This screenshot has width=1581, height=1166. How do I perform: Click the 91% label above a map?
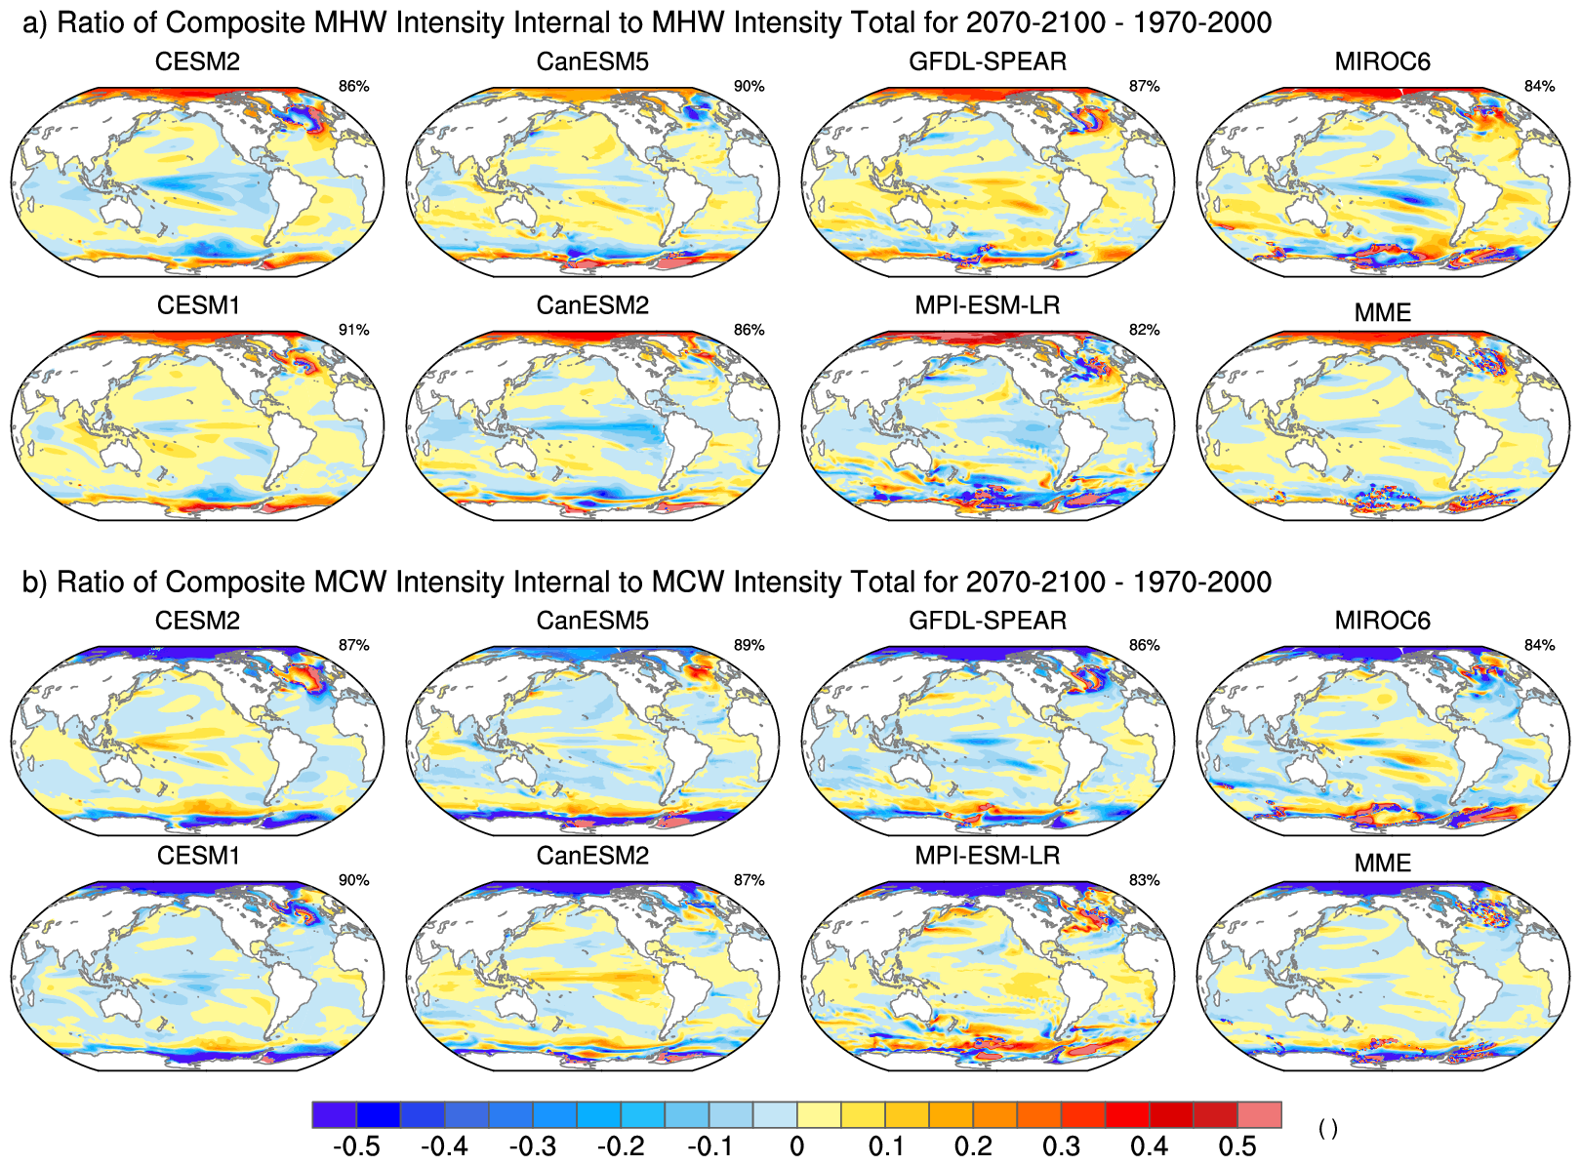[353, 330]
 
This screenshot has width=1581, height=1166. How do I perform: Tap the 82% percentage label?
[1144, 330]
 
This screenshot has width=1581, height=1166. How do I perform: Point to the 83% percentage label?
[1144, 880]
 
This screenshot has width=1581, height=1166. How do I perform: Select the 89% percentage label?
[749, 645]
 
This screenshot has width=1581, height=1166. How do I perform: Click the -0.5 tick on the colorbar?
[356, 1146]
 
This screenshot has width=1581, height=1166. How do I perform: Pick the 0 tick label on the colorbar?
[796, 1146]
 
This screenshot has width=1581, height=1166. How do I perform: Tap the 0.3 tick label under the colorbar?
[1061, 1146]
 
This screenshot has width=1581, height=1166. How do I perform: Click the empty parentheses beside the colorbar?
[1327, 1129]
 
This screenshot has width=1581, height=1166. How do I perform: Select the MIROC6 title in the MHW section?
[1382, 61]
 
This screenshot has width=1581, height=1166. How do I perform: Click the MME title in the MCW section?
[1382, 864]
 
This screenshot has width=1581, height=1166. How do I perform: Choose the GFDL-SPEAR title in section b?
[988, 621]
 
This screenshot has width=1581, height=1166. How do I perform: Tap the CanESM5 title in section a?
[592, 61]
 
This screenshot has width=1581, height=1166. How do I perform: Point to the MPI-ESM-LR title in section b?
[988, 856]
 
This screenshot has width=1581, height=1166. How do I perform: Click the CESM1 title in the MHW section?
[198, 305]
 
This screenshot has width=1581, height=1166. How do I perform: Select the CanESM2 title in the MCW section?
[592, 856]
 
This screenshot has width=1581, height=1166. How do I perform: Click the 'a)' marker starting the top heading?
[34, 22]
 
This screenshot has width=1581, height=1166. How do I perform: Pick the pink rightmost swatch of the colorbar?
[1259, 1114]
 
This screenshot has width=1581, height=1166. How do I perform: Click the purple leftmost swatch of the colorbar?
[335, 1114]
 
